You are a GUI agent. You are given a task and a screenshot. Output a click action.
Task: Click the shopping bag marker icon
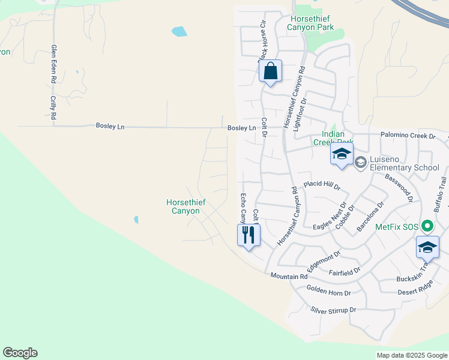point(271,71)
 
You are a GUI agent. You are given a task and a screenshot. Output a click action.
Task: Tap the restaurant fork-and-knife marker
point(249,234)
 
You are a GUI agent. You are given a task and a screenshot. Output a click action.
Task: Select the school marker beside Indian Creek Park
point(342,154)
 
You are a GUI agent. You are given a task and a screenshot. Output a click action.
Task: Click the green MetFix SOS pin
point(427,226)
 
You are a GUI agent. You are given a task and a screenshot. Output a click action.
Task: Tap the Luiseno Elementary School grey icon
point(361,162)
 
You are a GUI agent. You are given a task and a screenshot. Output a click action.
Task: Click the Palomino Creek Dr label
point(408,136)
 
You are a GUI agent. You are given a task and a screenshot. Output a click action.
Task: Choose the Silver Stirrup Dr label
point(334,310)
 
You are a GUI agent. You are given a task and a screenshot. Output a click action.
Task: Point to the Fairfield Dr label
point(345,271)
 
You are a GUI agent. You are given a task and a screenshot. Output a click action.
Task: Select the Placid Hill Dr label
point(322,185)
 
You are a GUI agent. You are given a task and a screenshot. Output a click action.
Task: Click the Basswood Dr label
point(399,187)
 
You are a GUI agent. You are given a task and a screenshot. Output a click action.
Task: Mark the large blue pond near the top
point(179,31)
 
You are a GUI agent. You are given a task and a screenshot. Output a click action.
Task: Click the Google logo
point(20,353)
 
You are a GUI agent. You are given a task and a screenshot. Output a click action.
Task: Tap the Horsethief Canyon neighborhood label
point(186,207)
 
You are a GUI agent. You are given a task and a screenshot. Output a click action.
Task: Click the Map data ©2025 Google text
point(411,355)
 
